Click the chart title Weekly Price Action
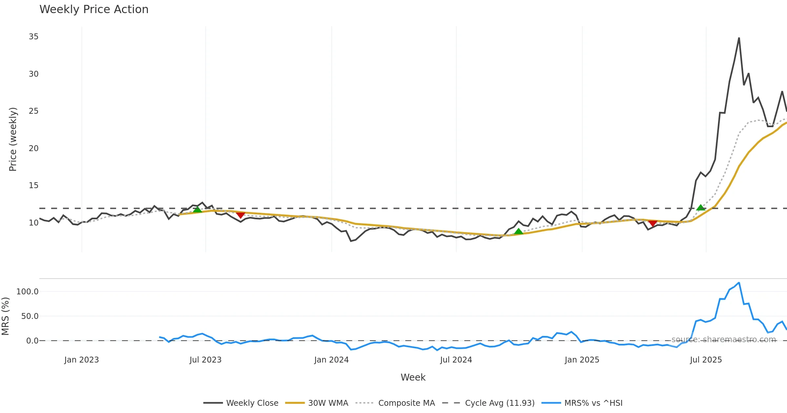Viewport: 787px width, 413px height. click(x=94, y=10)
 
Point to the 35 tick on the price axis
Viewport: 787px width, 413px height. click(x=33, y=37)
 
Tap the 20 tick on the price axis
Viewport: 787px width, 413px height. click(x=33, y=148)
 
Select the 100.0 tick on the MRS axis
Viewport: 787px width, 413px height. click(x=28, y=291)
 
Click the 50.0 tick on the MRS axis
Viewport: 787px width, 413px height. click(x=30, y=316)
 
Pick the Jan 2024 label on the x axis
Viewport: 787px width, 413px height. click(x=331, y=360)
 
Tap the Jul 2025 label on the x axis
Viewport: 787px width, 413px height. click(x=706, y=360)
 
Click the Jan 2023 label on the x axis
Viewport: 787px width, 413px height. click(x=81, y=360)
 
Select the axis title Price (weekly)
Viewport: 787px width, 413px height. click(x=13, y=139)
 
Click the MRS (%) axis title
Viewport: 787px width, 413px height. click(x=6, y=316)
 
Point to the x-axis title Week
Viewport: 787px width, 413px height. click(x=413, y=377)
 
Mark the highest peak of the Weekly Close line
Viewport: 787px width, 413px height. click(x=739, y=38)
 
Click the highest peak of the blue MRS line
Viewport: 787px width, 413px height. click(x=739, y=283)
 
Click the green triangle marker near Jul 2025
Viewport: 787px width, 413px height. click(x=700, y=207)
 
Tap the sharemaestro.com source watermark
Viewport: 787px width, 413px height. click(x=723, y=339)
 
